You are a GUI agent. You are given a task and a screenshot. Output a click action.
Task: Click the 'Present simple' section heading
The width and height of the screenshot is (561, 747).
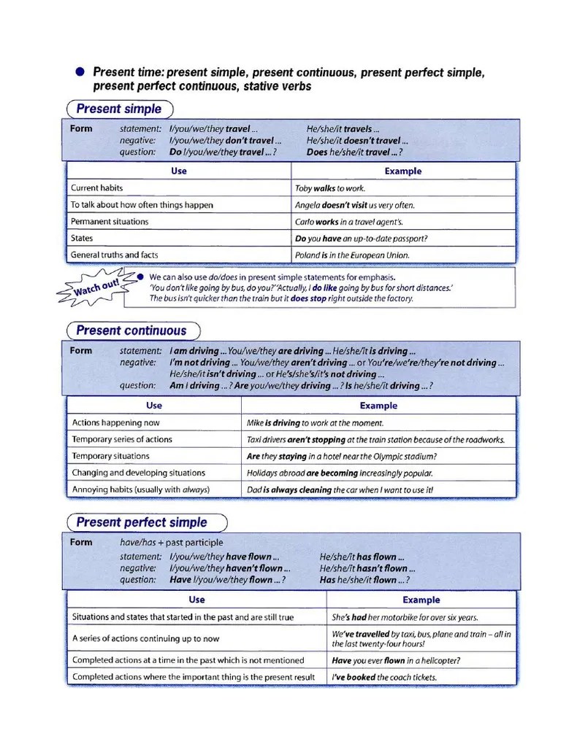point(119,109)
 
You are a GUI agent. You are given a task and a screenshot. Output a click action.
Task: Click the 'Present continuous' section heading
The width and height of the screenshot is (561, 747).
point(131,330)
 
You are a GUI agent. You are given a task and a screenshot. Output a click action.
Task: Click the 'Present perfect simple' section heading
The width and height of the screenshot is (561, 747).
point(142,522)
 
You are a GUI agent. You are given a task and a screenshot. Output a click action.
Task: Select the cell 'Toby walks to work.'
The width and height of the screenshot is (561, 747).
point(329,188)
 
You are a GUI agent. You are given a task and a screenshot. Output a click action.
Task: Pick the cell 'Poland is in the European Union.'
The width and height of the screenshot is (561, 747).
point(352,255)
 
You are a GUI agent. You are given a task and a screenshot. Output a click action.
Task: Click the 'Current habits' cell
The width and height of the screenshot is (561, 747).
point(96,188)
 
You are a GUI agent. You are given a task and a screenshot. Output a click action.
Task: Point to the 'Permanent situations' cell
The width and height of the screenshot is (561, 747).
point(109,222)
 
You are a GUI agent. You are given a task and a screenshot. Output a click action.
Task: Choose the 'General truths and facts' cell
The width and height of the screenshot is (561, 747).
point(114,255)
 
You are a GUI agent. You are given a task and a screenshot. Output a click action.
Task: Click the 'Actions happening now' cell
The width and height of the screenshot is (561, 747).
point(115,422)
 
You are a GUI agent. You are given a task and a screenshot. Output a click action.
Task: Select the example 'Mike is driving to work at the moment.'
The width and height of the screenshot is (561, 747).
point(315,423)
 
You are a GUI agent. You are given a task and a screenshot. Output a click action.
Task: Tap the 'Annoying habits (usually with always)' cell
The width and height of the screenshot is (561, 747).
point(140,489)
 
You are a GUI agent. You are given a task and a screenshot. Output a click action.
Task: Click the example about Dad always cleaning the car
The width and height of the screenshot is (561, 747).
point(340,490)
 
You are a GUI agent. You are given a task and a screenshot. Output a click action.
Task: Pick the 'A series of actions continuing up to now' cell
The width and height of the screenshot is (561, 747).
point(145,638)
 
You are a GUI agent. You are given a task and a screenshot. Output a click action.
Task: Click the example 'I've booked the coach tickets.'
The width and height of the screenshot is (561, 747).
point(384,677)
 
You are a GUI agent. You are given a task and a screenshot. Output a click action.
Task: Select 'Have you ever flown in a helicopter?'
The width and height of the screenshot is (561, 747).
point(396,661)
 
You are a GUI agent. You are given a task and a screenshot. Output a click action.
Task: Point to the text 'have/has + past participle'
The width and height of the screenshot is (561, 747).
point(172,543)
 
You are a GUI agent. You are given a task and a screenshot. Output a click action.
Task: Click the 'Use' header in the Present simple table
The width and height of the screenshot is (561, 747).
point(179,171)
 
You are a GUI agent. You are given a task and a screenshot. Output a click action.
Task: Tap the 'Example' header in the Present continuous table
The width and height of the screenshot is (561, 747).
point(378,406)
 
